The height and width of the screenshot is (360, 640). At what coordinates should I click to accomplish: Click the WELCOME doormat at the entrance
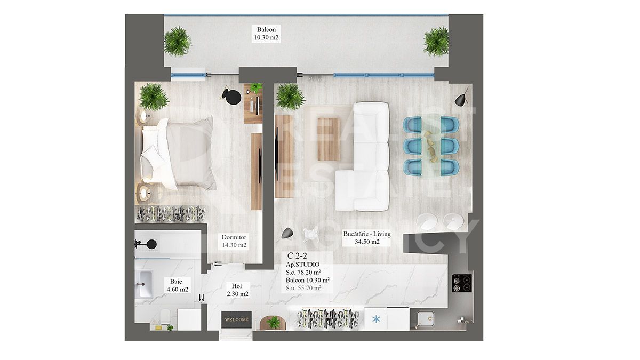236,319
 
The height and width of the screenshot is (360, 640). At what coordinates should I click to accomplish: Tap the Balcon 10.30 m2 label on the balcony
267,34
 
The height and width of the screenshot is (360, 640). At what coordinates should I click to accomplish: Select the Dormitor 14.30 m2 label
234,241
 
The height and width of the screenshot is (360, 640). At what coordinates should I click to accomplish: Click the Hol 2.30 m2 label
236,290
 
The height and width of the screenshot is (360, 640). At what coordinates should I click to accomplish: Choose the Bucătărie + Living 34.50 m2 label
367,238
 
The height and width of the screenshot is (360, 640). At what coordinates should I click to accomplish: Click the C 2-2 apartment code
297,255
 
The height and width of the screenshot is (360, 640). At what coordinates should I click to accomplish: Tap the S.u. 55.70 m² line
303,288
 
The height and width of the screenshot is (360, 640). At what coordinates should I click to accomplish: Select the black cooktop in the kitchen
461,283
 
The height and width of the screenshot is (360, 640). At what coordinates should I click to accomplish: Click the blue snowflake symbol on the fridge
376,320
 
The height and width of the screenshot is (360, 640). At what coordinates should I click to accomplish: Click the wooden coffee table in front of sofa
329,139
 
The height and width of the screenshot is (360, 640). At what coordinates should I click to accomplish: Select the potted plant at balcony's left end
177,41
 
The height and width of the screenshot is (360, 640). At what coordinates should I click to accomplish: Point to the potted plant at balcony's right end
437,41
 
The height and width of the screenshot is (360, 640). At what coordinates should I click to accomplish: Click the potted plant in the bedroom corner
154,97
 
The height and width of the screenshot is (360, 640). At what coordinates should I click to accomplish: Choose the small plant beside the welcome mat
274,322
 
